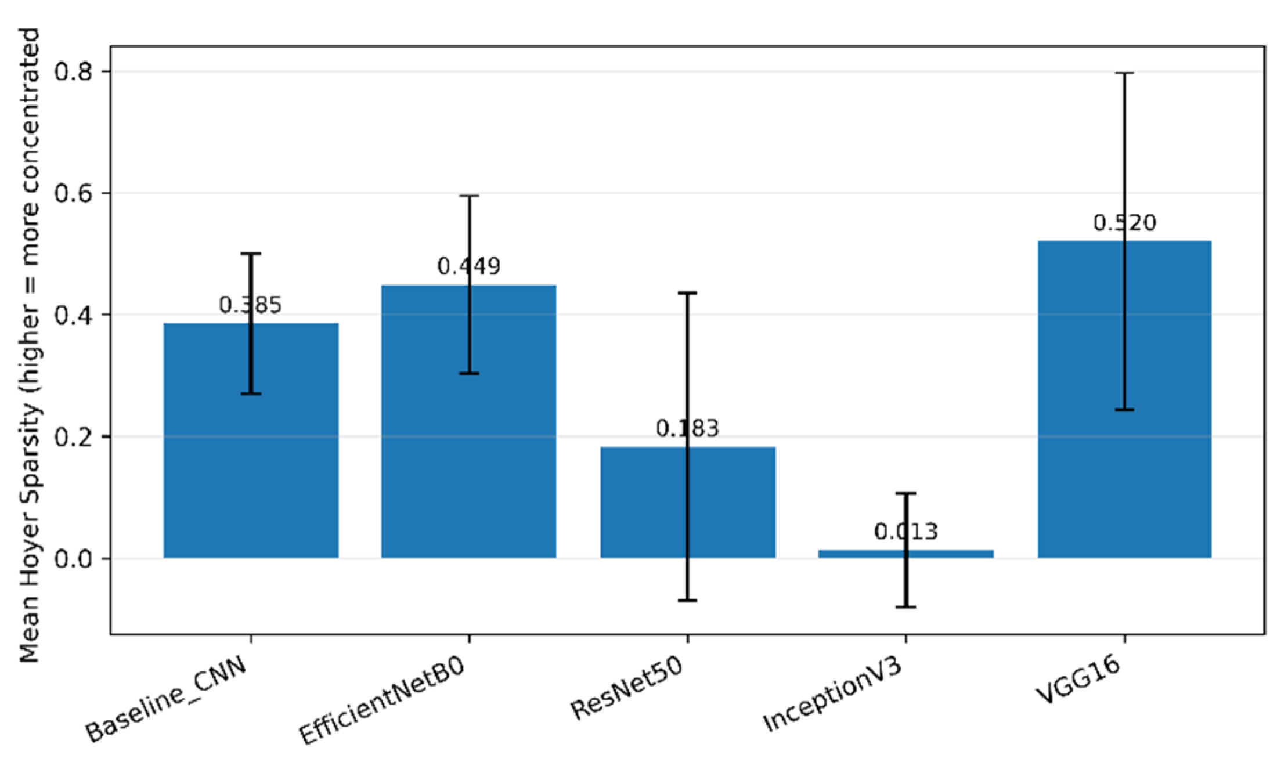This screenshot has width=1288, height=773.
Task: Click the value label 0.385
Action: click(x=250, y=305)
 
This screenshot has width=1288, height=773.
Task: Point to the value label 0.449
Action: click(x=468, y=266)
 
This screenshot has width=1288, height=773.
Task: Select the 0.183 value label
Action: click(x=687, y=429)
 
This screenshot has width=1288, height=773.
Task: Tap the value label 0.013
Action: click(x=905, y=532)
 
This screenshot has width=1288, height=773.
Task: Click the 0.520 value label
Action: click(x=1124, y=223)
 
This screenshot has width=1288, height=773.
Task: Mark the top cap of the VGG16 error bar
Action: click(x=1124, y=74)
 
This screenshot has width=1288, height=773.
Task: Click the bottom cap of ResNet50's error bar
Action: click(x=687, y=601)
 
